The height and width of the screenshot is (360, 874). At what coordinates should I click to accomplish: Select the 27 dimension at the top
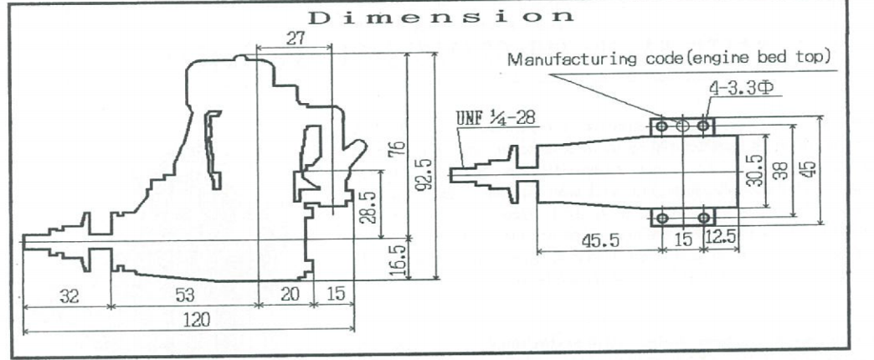(295, 39)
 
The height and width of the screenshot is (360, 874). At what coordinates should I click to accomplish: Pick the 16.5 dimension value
(399, 260)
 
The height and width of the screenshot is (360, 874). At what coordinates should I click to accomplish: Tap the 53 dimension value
(180, 295)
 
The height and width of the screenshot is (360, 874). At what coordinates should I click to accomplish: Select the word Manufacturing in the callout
(562, 59)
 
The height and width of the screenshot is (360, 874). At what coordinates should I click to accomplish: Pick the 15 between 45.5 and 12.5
(682, 239)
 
